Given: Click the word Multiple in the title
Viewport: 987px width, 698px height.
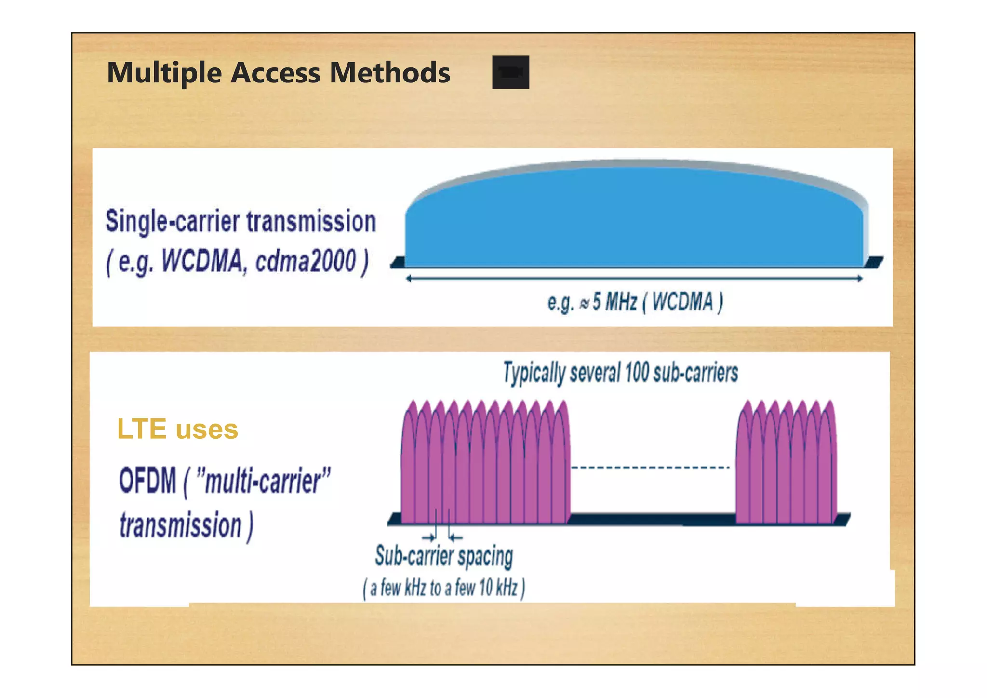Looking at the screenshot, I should point(164,73).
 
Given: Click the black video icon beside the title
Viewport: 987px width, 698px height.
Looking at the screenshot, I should point(510,72).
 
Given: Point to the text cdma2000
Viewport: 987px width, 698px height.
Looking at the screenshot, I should point(306,262).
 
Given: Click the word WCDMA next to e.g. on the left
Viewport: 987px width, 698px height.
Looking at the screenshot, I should point(202,262).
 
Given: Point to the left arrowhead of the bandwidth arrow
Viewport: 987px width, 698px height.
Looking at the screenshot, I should point(409,279).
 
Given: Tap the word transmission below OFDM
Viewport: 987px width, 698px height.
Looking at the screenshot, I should point(181,525).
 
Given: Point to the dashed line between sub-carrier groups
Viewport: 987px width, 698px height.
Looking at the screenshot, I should point(651,467).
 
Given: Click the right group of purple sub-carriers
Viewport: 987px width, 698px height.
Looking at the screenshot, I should point(787,463).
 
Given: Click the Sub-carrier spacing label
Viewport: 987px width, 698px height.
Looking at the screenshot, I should point(444,556).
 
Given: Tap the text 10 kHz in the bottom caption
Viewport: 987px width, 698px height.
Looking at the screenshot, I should point(498,588).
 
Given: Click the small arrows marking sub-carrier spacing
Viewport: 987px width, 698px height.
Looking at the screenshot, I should point(442,537).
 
